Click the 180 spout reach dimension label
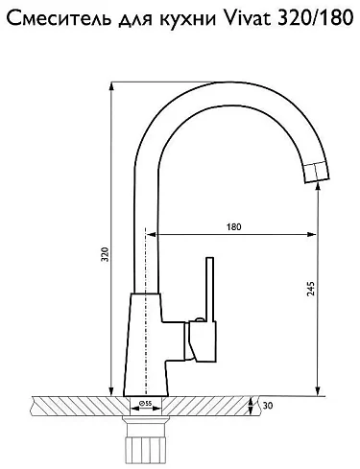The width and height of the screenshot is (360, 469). coord(234,227)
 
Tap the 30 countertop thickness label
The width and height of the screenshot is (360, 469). coord(268,406)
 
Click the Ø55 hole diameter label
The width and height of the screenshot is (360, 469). coord(146,404)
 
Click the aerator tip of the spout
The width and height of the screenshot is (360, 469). coord(316,173)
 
